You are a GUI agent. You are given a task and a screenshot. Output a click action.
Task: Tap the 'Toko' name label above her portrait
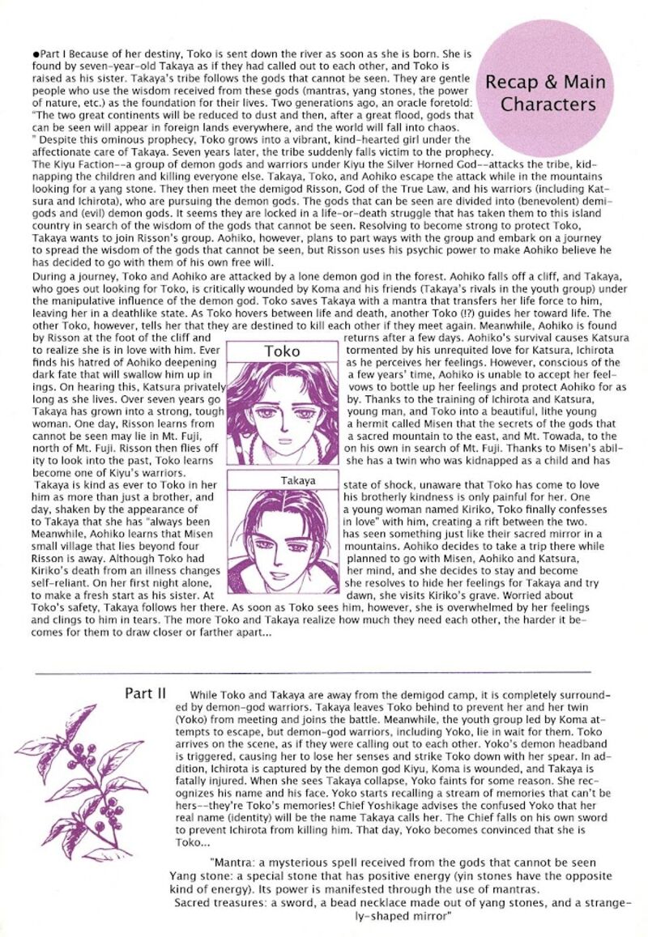click(x=282, y=351)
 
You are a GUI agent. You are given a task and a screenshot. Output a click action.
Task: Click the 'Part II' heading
click(x=146, y=693)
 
